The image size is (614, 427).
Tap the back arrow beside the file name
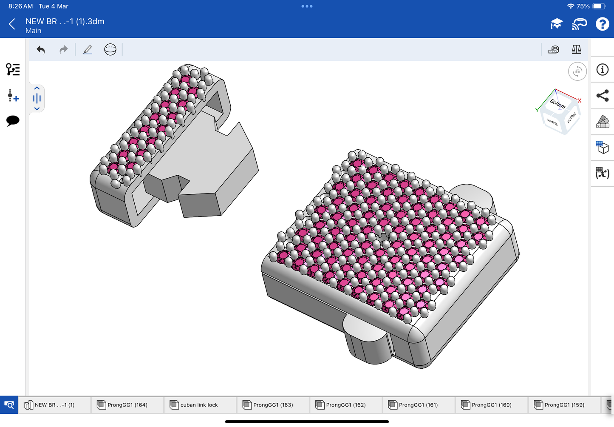(x=12, y=24)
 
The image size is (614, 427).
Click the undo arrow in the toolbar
(x=40, y=50)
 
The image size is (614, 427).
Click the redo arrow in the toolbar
(x=64, y=50)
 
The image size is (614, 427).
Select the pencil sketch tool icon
(x=88, y=50)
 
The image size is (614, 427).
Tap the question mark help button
(x=602, y=24)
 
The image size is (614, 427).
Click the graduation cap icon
(x=557, y=24)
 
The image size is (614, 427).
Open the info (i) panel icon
(x=602, y=70)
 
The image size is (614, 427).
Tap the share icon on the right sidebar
(x=602, y=96)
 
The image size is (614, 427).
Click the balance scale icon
(x=576, y=49)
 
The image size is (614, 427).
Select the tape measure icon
(x=553, y=50)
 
